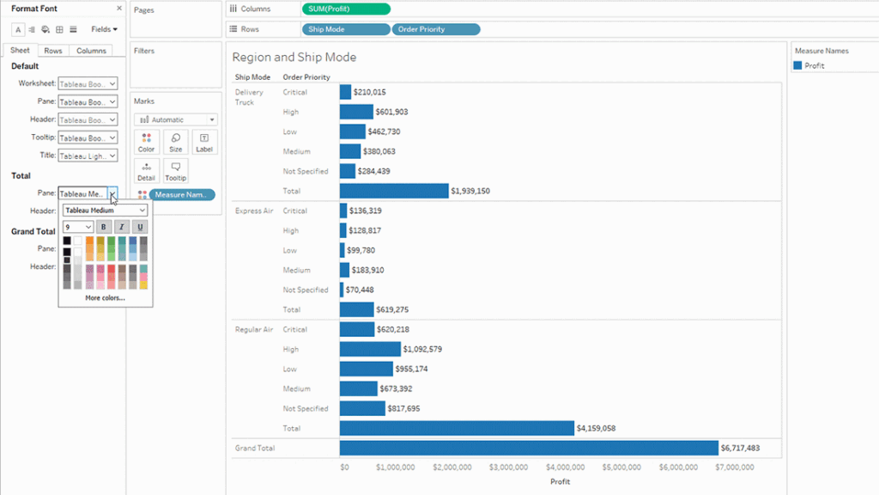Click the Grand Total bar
[x=528, y=448]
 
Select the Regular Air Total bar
[x=457, y=428]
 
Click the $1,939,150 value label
[x=470, y=191]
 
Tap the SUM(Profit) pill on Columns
[x=346, y=9]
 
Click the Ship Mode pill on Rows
[x=346, y=29]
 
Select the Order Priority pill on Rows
[x=436, y=29]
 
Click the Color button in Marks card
[x=147, y=143]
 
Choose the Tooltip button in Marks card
[x=175, y=171]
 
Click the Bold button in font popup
[x=104, y=227]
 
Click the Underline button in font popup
[x=140, y=227]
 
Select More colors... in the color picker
[x=105, y=298]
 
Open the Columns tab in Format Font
[x=91, y=51]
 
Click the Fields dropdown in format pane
[x=104, y=29]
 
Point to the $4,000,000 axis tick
[x=566, y=467]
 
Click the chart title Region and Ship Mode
[x=294, y=58]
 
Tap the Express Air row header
[x=253, y=211]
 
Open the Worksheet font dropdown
[x=88, y=84]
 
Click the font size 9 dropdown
[x=78, y=227]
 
